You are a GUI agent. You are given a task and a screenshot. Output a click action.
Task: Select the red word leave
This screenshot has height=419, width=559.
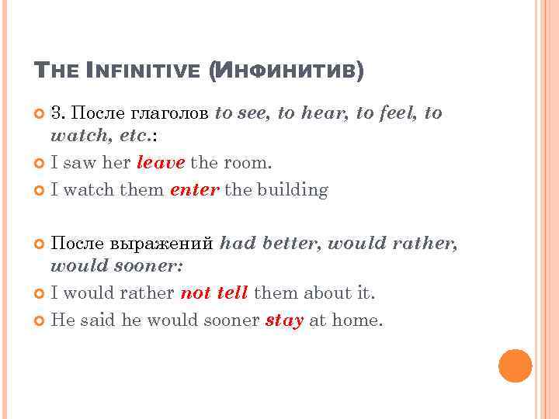tap(161, 163)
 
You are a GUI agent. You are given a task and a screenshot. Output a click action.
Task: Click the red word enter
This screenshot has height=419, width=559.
tap(193, 189)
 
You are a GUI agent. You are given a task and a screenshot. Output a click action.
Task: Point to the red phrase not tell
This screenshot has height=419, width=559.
tap(214, 293)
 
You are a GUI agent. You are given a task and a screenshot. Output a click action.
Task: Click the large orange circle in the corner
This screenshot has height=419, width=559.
tap(515, 365)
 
